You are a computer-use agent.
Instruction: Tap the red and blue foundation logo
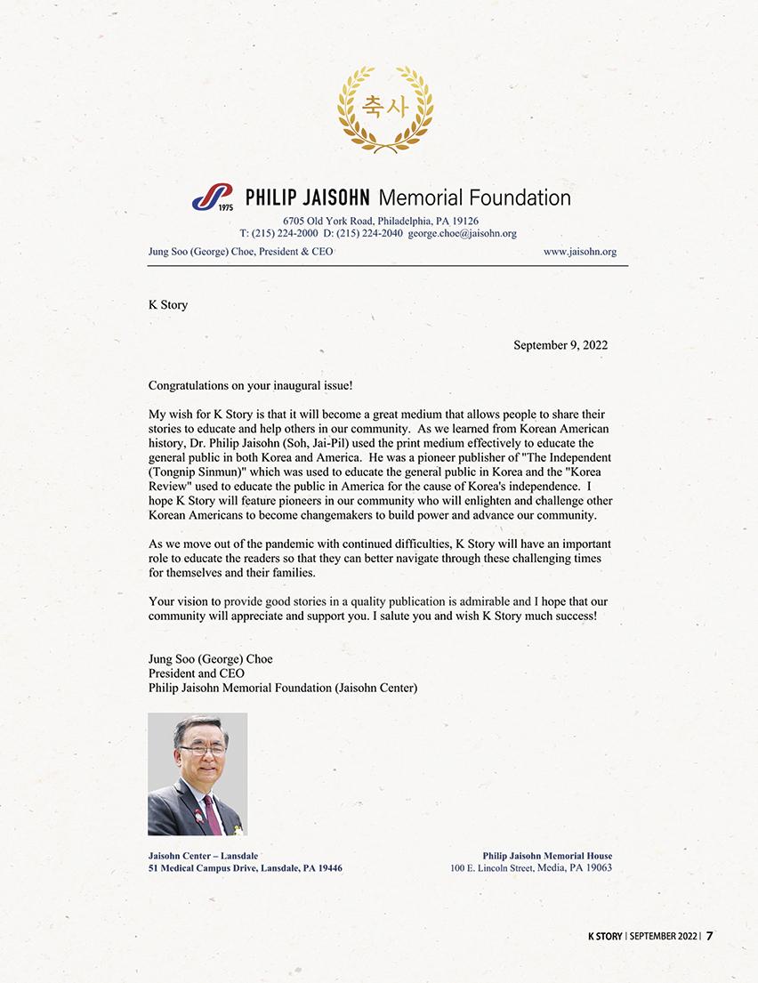click(x=212, y=197)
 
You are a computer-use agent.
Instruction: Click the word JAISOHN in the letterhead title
click(x=331, y=197)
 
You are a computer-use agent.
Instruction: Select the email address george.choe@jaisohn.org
click(x=463, y=233)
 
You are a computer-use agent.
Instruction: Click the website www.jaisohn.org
click(x=579, y=252)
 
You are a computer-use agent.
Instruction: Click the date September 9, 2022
click(x=560, y=345)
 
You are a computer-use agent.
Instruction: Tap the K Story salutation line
click(x=167, y=304)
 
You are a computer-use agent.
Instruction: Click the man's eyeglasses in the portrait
click(x=201, y=750)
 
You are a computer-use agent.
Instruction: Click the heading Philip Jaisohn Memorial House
click(x=547, y=856)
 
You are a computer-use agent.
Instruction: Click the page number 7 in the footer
click(x=710, y=935)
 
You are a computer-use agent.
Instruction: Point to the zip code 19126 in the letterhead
click(x=465, y=221)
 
